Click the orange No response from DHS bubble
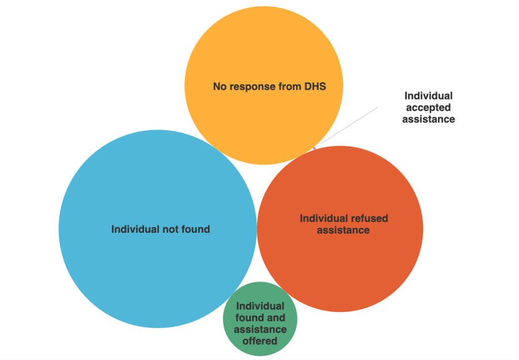pos(264,56)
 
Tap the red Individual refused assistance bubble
pos(340,269)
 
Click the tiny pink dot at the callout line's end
pos(314,148)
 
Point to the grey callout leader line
pos(350,125)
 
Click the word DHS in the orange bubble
pos(315,87)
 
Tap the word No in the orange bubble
pos(219,87)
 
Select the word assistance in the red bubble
pos(343,230)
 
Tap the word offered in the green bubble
pos(259,341)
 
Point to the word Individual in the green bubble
pos(260,306)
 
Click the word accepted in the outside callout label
pos(428,107)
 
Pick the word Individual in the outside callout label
pos(428,96)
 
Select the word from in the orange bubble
pos(290,87)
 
